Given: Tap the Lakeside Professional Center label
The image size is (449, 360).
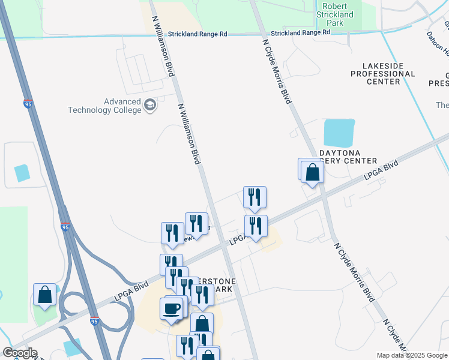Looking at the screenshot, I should coord(382,73).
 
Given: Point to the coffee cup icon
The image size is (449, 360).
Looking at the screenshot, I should coord(172,309).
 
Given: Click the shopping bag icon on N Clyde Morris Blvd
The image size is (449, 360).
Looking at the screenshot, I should coord(313,172).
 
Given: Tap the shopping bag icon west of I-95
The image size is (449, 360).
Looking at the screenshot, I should coord(45,295).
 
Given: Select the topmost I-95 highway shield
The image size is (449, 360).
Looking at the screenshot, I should coord(28,104).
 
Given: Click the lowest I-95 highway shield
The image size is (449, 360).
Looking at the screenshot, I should coord(94,322).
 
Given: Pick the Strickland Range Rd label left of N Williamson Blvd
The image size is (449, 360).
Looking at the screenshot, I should coord(197,34).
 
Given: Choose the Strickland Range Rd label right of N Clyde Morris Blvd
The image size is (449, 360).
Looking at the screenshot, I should coord(300,34).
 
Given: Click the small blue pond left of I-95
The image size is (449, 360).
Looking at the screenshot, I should coord(22,173).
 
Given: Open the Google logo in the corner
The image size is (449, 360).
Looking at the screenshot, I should coord(19,353).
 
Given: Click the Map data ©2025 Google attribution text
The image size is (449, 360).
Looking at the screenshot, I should coord(412,355).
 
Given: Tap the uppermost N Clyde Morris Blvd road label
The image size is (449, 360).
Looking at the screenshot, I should coord(277,72).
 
